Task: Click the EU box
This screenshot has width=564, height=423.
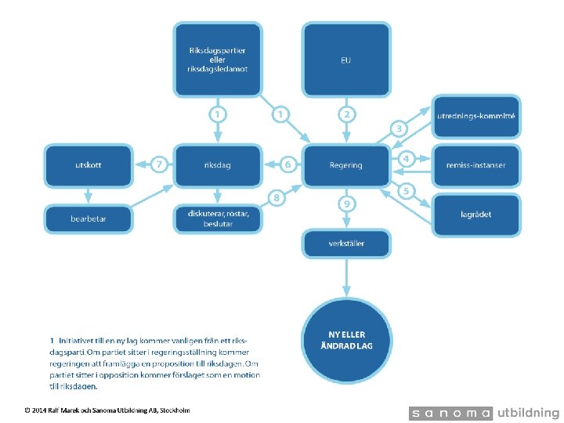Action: [346, 60]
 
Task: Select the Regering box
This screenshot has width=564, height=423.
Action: [346, 165]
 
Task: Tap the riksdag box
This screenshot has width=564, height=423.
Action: [218, 165]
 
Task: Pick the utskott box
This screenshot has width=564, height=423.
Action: [89, 165]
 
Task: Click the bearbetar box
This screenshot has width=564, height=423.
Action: [89, 219]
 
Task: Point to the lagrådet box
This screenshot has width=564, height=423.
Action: [476, 215]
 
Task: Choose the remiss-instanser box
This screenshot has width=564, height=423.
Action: [476, 165]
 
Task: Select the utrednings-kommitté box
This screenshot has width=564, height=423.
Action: [476, 117]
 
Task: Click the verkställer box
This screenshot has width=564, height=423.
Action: [346, 244]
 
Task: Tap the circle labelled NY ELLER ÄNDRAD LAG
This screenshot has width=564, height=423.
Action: [347, 340]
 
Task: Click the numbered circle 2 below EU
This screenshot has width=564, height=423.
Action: [347, 114]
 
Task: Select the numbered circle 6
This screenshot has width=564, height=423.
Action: [287, 164]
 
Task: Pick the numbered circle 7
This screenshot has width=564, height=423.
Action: [159, 164]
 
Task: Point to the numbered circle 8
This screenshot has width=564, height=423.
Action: [277, 198]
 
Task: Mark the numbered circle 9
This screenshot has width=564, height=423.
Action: [347, 204]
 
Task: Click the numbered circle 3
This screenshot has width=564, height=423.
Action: [399, 128]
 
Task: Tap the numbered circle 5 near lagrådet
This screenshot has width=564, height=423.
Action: [406, 190]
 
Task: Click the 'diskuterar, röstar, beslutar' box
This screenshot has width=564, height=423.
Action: [218, 219]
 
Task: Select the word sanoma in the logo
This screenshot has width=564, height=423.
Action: [451, 413]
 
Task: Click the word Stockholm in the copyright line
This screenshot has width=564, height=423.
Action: [175, 410]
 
